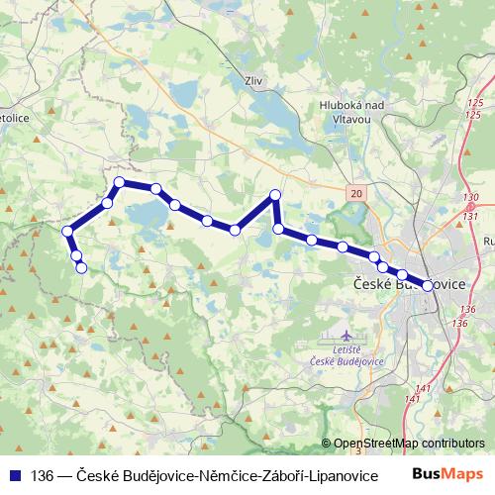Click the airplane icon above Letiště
tap(345, 338)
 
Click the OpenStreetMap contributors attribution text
tap(409, 444)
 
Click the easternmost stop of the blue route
tap(428, 285)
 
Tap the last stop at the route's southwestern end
tap(82, 267)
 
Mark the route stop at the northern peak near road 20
tap(275, 195)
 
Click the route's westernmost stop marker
tap(67, 232)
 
